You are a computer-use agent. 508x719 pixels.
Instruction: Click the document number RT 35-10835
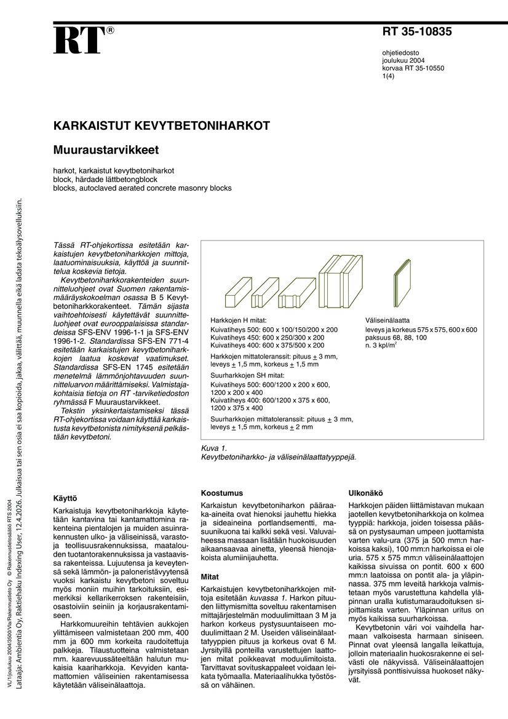click(x=417, y=33)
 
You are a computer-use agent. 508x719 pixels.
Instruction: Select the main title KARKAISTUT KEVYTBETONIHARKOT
click(x=162, y=126)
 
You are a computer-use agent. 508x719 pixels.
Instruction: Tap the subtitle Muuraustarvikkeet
click(x=106, y=149)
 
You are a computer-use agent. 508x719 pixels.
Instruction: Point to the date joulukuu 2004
click(x=403, y=61)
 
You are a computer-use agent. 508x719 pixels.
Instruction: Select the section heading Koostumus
click(x=222, y=493)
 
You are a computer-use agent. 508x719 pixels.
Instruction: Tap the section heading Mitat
click(x=211, y=577)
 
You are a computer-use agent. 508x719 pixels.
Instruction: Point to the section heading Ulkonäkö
click(x=366, y=493)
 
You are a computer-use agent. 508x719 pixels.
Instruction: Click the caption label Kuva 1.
click(x=214, y=448)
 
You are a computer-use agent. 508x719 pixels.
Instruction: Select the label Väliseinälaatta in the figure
click(x=387, y=320)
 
